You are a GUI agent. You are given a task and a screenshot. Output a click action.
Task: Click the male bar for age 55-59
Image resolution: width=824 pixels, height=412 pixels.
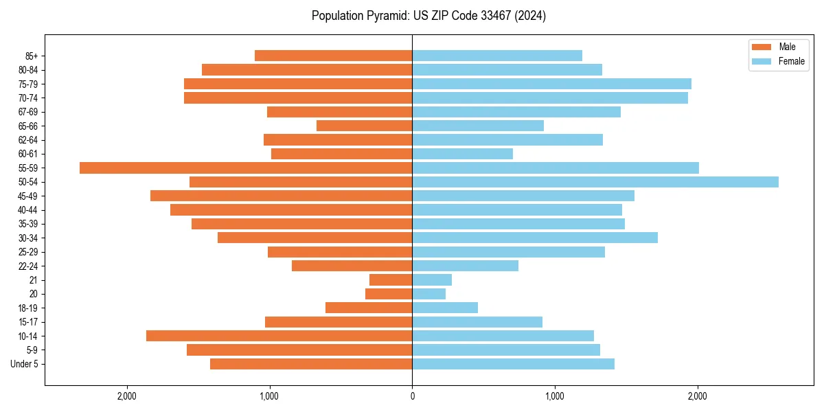246,168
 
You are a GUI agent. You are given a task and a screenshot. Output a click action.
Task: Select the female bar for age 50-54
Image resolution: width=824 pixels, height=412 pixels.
595,182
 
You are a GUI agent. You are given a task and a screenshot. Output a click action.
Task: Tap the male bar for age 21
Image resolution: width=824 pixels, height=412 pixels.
391,280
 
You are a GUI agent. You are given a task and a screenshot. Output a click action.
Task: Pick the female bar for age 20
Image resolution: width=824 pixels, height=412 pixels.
428,294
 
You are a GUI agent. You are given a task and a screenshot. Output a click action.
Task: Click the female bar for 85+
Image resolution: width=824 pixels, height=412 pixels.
497,56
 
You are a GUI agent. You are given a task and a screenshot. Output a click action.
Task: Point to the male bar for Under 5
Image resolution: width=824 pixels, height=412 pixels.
311,364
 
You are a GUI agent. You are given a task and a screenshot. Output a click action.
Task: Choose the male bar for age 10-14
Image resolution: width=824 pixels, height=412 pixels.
279,336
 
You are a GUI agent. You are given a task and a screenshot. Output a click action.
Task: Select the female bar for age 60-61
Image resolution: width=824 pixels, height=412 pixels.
462,154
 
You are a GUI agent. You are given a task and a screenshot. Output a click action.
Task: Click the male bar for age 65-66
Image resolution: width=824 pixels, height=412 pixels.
364,126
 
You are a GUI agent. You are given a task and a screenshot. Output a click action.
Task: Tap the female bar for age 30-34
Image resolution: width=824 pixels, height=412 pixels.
535,238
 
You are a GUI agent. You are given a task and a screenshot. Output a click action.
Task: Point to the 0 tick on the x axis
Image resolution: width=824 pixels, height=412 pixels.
412,396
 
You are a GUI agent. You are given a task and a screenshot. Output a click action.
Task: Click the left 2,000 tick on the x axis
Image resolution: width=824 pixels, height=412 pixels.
126,396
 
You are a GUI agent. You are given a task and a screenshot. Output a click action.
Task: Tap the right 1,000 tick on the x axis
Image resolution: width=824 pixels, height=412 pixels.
555,396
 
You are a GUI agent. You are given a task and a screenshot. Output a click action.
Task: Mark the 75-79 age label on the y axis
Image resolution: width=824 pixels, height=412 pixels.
28,84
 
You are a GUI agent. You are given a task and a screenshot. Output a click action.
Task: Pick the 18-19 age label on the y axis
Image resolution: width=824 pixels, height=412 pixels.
28,308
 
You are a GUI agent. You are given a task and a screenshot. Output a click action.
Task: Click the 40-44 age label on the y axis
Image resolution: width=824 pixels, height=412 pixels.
28,210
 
